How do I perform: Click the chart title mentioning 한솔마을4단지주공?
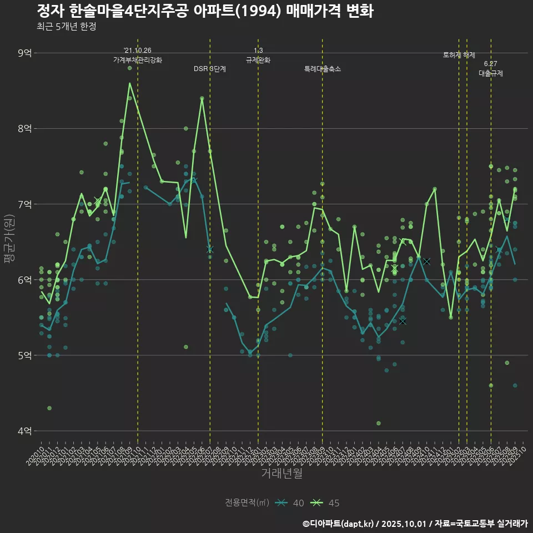[x=205, y=11]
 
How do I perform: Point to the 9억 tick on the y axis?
[x=25, y=53]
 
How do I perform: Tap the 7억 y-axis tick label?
[x=25, y=204]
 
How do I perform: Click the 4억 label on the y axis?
[x=25, y=430]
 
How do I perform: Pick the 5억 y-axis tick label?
[x=25, y=355]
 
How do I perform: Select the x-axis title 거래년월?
[x=281, y=474]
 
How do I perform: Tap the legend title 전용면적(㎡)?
[x=247, y=503]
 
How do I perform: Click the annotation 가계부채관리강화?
[x=138, y=59]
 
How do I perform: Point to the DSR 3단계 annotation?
[x=210, y=69]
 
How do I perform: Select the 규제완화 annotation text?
[x=258, y=59]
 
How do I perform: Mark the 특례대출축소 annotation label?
[x=323, y=69]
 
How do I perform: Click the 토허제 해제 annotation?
[x=459, y=55]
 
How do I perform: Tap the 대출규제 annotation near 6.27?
[x=491, y=73]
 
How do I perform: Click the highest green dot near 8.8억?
[x=129, y=68]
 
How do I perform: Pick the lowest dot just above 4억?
[x=379, y=423]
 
